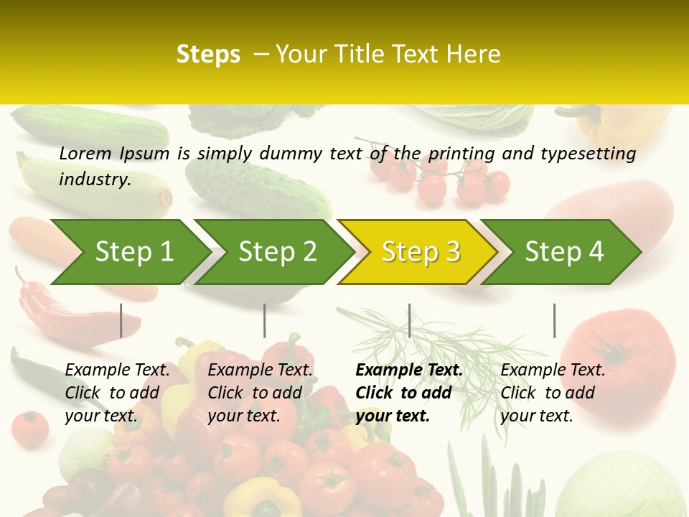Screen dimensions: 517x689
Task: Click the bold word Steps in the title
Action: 208,55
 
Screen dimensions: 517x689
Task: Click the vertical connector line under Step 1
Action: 121,320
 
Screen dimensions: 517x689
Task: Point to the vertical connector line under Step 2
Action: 265,320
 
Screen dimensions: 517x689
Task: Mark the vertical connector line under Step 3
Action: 409,320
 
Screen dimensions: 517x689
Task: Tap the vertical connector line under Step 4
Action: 554,320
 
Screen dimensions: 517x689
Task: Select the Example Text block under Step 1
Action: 117,393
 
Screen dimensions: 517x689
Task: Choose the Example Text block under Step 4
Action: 553,393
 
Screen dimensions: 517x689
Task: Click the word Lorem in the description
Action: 85,153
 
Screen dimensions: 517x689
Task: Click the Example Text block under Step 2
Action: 260,393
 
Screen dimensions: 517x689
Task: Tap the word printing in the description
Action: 461,153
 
